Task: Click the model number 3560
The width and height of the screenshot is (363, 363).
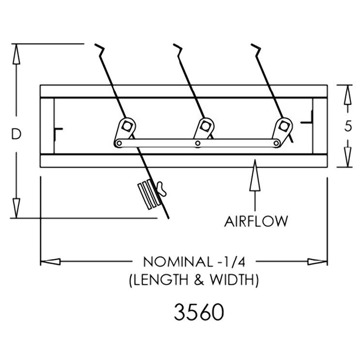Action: [199, 312]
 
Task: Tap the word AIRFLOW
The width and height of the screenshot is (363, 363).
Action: [256, 221]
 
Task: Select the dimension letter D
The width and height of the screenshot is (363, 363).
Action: [16, 134]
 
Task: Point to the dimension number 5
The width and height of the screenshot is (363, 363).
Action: [348, 126]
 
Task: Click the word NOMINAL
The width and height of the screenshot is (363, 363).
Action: [178, 262]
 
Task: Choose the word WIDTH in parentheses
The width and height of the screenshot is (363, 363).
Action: [231, 280]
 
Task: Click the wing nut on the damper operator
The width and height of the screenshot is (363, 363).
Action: [162, 188]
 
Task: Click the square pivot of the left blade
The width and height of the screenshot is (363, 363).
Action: [126, 126]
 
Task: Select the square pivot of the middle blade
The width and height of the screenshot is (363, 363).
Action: [204, 126]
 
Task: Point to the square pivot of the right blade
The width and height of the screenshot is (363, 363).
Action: [283, 126]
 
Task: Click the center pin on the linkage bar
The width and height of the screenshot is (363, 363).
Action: [197, 143]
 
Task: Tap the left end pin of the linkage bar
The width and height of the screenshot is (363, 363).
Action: [119, 143]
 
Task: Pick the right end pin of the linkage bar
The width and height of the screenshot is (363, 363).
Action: [276, 143]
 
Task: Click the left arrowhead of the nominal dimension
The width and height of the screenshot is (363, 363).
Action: [50, 262]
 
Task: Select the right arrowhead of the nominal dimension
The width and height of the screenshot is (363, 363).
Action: [318, 262]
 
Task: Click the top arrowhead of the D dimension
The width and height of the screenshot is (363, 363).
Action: [16, 54]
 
